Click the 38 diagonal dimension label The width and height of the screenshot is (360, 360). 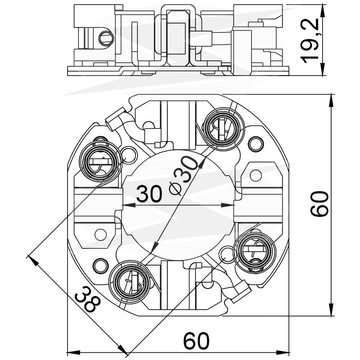tap(88, 299)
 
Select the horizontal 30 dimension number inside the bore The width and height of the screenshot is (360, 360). tap(149, 194)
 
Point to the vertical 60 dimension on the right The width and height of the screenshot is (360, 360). tap(319, 204)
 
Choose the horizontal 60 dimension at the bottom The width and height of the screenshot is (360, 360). tap(197, 341)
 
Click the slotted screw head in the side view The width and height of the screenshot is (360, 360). tap(106, 38)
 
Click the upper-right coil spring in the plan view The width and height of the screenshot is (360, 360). tap(224, 129)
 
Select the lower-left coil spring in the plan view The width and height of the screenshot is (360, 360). tap(130, 282)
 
